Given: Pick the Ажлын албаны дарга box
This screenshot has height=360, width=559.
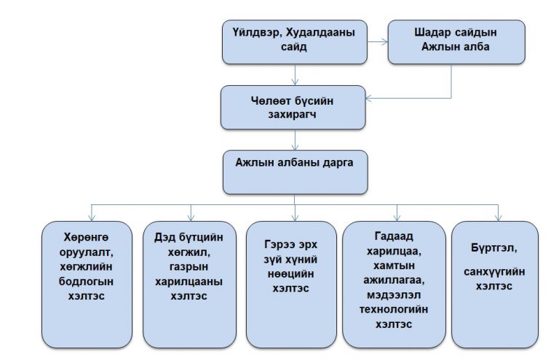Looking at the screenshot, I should (x=294, y=173).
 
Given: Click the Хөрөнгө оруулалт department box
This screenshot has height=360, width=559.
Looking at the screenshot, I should (x=87, y=284).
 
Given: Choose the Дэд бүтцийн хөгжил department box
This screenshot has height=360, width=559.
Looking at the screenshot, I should (x=190, y=284).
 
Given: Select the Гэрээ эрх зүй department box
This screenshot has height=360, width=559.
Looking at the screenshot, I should (x=294, y=284).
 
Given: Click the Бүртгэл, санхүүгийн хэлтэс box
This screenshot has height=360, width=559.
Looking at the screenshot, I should (x=496, y=284).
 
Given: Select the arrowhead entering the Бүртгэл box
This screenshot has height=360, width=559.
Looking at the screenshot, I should (x=498, y=217).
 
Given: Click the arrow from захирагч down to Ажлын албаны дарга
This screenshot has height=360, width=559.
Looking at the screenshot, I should (x=294, y=141).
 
